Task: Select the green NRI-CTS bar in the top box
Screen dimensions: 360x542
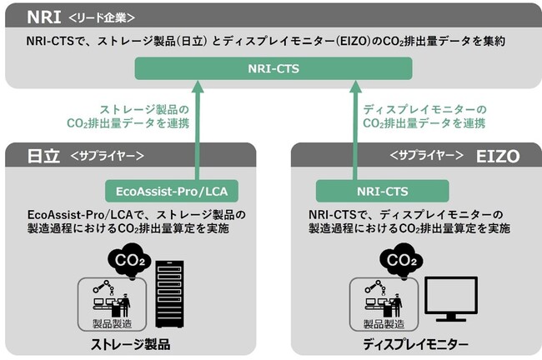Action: (x=271, y=68)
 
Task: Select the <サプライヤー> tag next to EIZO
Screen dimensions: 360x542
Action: (x=424, y=155)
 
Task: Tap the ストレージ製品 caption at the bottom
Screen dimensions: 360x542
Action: (x=135, y=343)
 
